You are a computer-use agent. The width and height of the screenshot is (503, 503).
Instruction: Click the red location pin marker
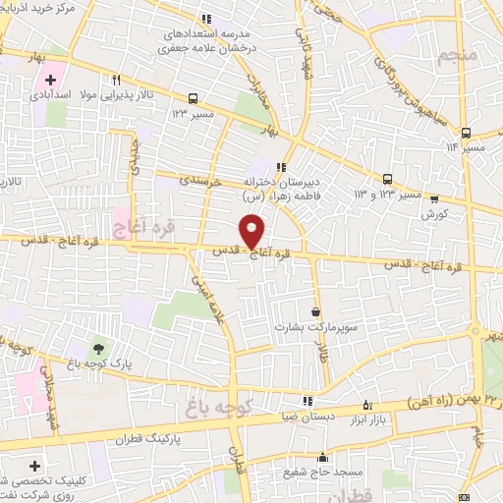coord(253,231)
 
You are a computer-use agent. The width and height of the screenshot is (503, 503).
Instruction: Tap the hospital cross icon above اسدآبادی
coord(50,79)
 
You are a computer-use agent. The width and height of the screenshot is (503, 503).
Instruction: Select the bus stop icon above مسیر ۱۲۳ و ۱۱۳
coord(387,179)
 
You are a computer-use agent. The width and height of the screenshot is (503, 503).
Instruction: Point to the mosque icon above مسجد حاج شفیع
coord(322,458)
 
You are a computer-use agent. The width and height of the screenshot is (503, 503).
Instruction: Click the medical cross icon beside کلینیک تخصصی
coord(36,465)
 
